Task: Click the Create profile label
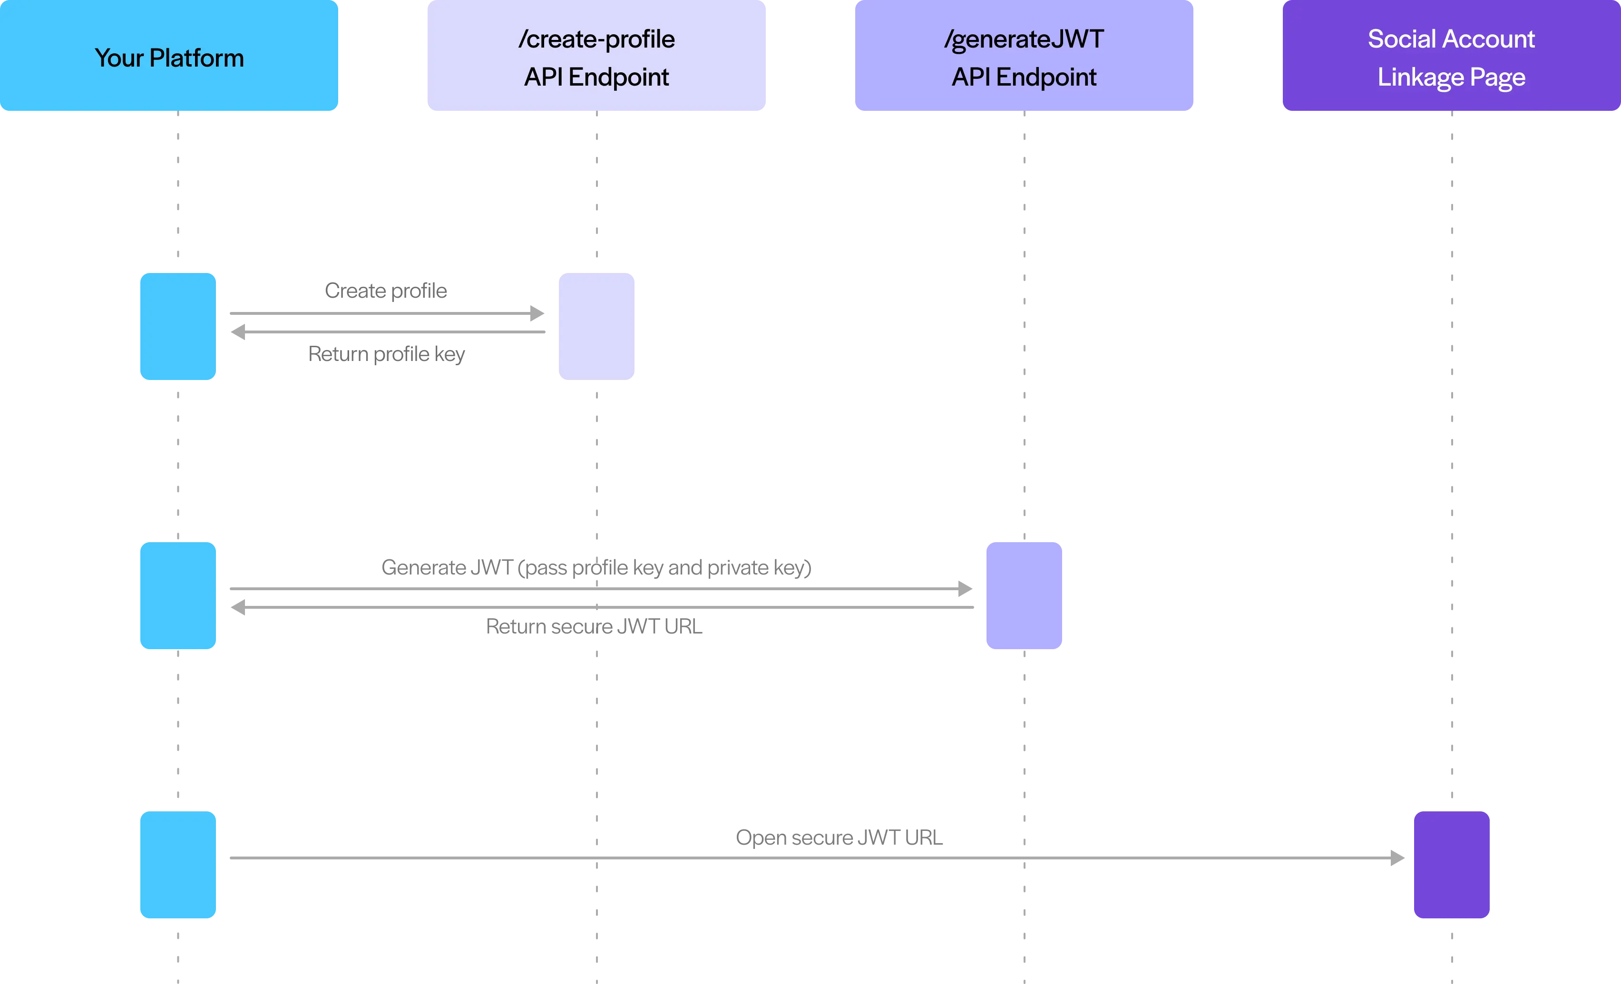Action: [x=386, y=291]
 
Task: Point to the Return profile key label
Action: [x=386, y=354]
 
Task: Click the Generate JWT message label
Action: [x=596, y=567]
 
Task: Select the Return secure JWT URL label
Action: [x=594, y=626]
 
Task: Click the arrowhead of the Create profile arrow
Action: [x=537, y=313]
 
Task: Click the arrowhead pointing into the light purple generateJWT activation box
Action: [x=965, y=589]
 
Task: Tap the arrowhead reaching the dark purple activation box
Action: [x=1397, y=857]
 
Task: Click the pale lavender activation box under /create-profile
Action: [x=596, y=326]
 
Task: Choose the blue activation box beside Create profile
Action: [x=177, y=326]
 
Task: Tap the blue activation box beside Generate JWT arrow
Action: [x=177, y=595]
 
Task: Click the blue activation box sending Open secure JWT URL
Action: [x=177, y=864]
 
